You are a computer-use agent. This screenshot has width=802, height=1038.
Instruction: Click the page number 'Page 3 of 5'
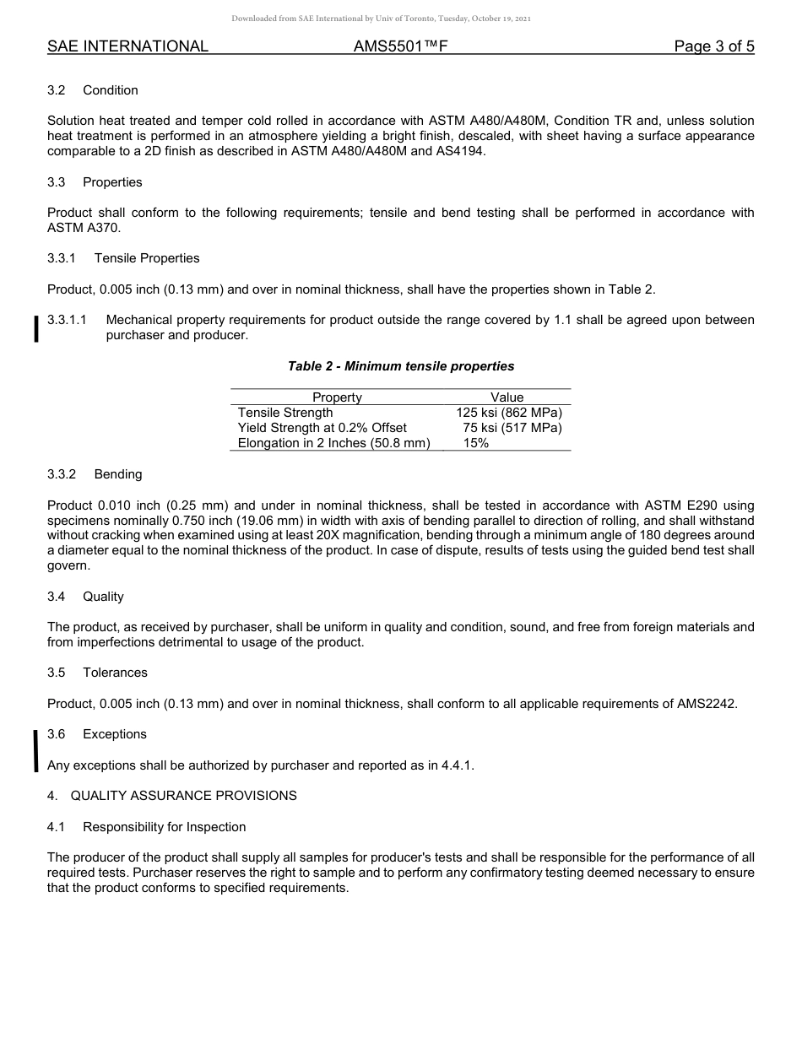(713, 47)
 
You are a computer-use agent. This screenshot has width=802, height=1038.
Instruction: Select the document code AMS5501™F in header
(400, 47)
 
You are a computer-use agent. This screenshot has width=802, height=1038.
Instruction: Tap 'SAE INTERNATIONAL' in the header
(127, 47)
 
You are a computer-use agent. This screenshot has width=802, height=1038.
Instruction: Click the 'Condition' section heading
(110, 90)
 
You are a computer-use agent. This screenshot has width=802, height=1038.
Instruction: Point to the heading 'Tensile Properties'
(147, 258)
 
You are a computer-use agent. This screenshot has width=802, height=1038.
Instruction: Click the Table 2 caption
(400, 366)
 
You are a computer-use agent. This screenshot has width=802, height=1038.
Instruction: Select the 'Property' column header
(337, 397)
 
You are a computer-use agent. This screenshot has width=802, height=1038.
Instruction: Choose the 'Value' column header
(507, 397)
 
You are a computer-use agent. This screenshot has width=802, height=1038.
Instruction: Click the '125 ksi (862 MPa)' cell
(508, 413)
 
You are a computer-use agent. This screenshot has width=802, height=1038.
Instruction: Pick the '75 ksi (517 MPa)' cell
(512, 428)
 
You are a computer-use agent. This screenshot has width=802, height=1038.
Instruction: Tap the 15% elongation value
(475, 443)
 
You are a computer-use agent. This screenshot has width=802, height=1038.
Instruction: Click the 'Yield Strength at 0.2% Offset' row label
(322, 428)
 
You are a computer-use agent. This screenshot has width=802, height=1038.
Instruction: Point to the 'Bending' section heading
(118, 474)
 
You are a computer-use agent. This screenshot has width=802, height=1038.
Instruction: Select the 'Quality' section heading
(103, 597)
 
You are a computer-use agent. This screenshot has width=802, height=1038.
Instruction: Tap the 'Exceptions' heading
(115, 734)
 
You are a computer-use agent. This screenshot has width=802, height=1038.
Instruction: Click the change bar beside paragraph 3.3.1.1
(35, 328)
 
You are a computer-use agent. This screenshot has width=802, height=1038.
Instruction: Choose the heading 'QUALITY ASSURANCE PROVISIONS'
(183, 796)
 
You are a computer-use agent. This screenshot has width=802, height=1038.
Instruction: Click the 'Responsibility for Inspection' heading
(164, 827)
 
